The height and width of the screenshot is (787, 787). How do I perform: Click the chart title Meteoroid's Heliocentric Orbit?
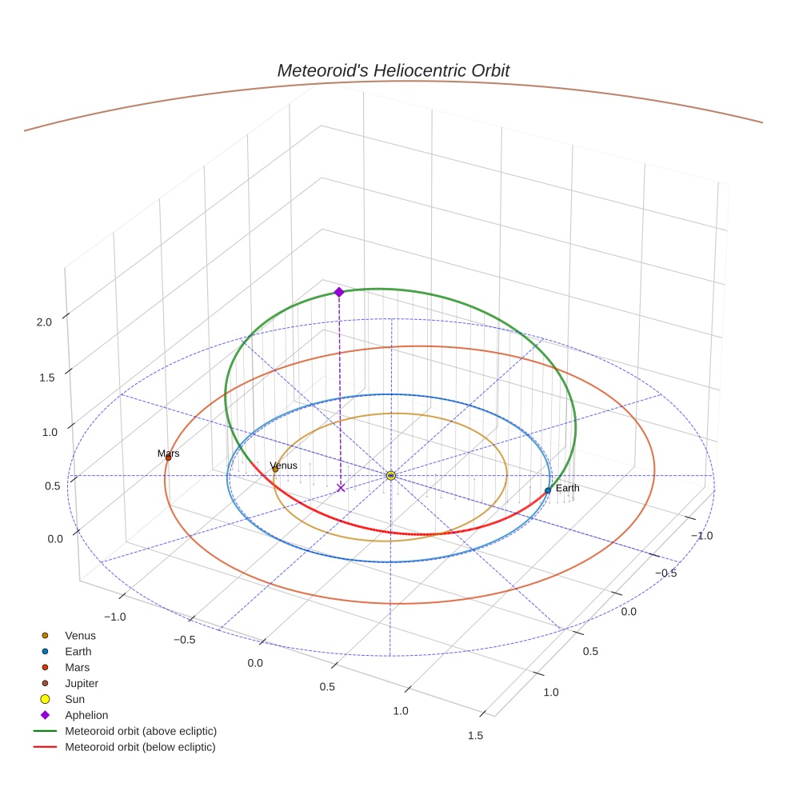[393, 70]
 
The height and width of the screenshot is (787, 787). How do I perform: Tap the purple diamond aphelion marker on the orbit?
[339, 292]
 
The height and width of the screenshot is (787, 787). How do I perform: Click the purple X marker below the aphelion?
[341, 487]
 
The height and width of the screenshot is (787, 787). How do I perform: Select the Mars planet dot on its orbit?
[168, 457]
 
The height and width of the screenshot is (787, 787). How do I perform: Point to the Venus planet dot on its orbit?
[275, 469]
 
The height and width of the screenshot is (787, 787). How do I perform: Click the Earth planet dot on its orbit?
[548, 490]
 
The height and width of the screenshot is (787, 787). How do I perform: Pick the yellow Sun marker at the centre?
[391, 476]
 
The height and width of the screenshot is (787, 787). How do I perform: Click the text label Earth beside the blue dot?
[568, 488]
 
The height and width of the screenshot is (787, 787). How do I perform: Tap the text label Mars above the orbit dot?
[168, 453]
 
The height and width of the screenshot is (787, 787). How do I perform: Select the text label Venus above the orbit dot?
[284, 465]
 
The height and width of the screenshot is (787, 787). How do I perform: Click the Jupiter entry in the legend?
[82, 683]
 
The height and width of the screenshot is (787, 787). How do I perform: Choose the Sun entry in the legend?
[74, 699]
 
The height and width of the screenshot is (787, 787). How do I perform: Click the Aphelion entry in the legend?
[86, 715]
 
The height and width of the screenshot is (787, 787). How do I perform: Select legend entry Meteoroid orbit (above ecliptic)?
[141, 731]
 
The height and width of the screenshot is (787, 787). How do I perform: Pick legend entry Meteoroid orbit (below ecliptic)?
[141, 747]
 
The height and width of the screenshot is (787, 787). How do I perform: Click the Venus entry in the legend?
[80, 636]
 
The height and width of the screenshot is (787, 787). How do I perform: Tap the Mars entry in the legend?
[77, 667]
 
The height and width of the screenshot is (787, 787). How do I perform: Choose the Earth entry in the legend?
[78, 652]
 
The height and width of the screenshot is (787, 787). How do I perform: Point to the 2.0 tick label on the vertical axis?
[44, 322]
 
